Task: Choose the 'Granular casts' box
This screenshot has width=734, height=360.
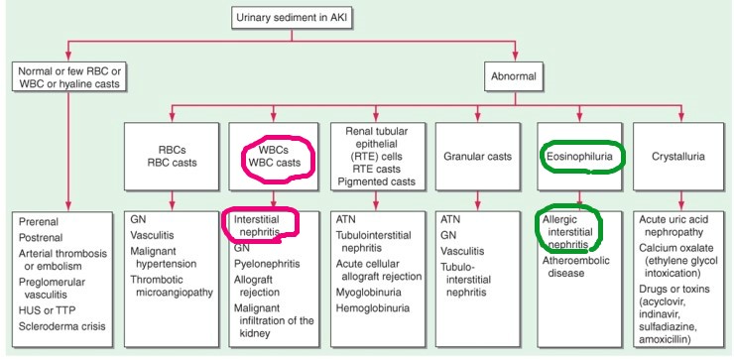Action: point(473,158)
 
